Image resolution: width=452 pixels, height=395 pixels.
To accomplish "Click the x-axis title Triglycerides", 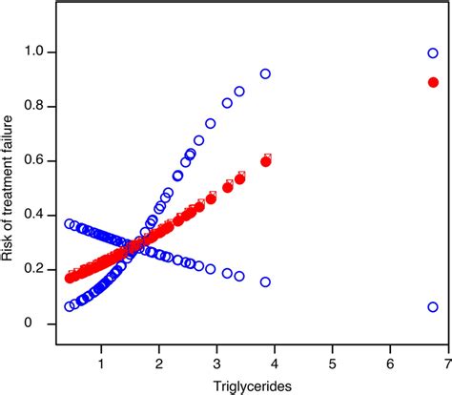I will click(241, 384).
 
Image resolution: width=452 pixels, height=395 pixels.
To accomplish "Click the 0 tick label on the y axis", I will click(39, 324).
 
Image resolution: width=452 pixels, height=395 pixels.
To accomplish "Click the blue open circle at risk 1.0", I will click(433, 53).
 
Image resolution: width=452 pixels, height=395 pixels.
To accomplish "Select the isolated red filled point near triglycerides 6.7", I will click(433, 82).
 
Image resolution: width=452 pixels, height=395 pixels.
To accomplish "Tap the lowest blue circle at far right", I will click(433, 307).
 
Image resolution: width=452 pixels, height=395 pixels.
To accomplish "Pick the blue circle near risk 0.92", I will click(265, 73).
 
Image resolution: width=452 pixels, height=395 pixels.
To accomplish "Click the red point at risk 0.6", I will click(266, 161).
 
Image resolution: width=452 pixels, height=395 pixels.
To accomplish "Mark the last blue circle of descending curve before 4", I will click(265, 281).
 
